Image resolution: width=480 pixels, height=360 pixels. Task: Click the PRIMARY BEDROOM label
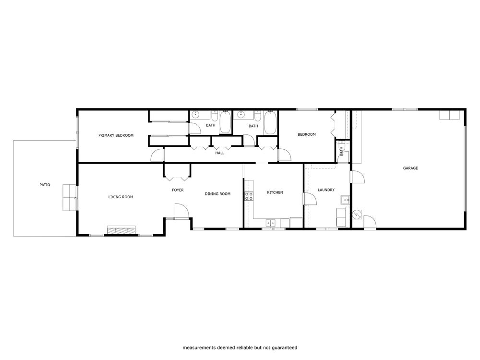(x=116, y=135)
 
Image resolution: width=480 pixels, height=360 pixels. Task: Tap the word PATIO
(x=45, y=185)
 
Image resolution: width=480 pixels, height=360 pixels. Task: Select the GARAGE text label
(x=410, y=168)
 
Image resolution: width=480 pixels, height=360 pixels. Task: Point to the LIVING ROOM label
(x=120, y=197)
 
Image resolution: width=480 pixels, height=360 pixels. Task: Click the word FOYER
(x=178, y=190)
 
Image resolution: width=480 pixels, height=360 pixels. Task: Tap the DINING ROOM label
(x=217, y=194)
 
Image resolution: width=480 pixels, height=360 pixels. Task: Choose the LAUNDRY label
(x=326, y=190)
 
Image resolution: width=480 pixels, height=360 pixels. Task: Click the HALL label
(x=220, y=153)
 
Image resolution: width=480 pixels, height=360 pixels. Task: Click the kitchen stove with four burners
(x=249, y=196)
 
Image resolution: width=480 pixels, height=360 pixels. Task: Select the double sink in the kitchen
(x=271, y=222)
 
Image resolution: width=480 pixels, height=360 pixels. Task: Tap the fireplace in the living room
(x=121, y=230)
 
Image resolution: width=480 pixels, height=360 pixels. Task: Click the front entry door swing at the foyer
(x=180, y=211)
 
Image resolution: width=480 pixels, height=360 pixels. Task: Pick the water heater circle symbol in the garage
(x=356, y=215)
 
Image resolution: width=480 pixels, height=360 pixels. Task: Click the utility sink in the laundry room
(x=344, y=200)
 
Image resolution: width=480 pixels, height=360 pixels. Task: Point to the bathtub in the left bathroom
(x=225, y=122)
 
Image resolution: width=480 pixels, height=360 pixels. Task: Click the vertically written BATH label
(x=341, y=152)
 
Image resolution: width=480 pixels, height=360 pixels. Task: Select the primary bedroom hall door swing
(x=157, y=156)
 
